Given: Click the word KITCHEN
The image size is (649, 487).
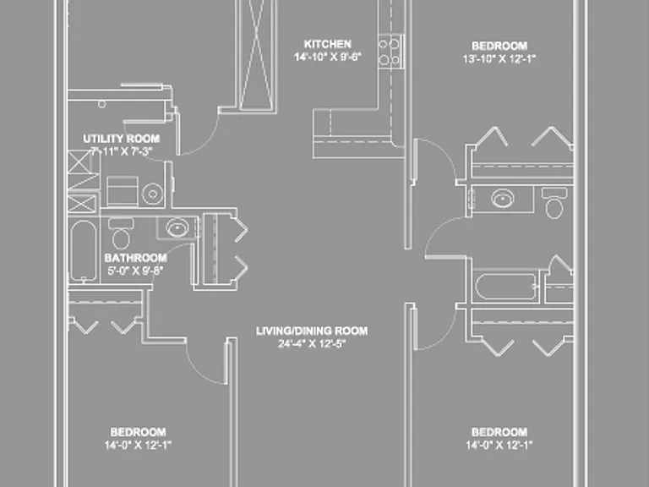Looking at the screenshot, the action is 327,44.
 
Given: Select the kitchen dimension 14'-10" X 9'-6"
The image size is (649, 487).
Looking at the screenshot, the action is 327,57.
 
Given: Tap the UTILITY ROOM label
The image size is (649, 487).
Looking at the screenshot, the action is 122,139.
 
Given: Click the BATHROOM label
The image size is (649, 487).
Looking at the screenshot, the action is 136,258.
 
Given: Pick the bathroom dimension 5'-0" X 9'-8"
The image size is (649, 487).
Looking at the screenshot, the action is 135,271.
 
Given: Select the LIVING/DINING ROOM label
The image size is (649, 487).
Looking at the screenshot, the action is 312,331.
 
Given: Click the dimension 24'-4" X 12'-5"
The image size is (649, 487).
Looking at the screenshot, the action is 312,343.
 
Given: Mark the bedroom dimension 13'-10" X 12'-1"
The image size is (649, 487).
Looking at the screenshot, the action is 499,58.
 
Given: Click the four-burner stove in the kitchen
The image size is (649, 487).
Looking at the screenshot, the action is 390,52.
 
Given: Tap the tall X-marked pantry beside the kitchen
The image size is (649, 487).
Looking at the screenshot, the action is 257,55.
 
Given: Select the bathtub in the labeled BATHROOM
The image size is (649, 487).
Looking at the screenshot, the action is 83,250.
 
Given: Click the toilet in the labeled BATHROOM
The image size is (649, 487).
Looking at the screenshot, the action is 121,234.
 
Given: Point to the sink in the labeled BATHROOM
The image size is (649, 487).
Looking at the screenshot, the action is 177,227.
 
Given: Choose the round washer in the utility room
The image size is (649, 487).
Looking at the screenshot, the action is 153,194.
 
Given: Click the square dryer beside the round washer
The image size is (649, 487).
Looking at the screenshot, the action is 122,191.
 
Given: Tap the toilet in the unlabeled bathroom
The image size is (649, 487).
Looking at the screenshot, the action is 554,203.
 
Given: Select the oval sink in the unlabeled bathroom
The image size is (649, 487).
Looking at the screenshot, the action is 503,199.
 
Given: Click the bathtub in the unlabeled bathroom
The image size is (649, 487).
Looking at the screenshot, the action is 505,286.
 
